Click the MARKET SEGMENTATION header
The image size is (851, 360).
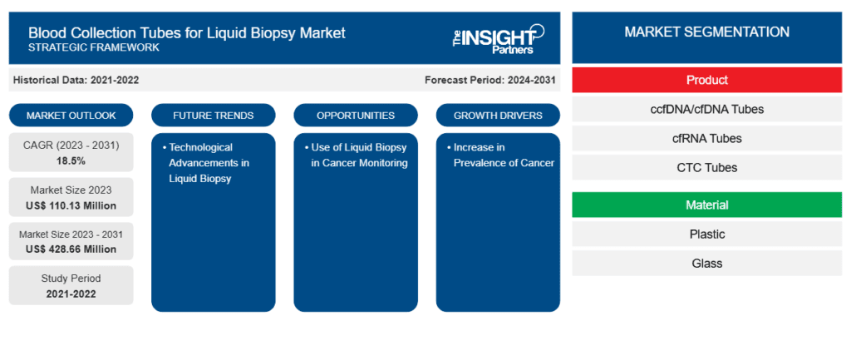(x=706, y=32)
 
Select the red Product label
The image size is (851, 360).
(x=706, y=80)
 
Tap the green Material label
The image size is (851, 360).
(x=706, y=205)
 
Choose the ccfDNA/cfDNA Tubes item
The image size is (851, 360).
(x=706, y=109)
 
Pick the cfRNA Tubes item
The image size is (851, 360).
(x=706, y=138)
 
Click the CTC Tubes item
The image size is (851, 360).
(x=706, y=167)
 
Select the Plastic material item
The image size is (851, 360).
(x=706, y=234)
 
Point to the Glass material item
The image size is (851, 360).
(x=706, y=263)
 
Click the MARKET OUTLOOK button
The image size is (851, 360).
(x=71, y=115)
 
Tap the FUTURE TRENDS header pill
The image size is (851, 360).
(x=213, y=115)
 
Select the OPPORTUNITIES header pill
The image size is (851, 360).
(x=355, y=115)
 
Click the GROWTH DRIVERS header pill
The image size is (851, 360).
(x=498, y=115)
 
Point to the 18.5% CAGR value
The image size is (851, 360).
(x=71, y=160)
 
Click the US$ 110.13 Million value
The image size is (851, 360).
(x=71, y=205)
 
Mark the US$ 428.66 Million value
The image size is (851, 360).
(x=71, y=249)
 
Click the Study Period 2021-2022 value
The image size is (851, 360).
(x=71, y=293)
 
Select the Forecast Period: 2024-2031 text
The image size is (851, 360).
(x=489, y=80)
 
